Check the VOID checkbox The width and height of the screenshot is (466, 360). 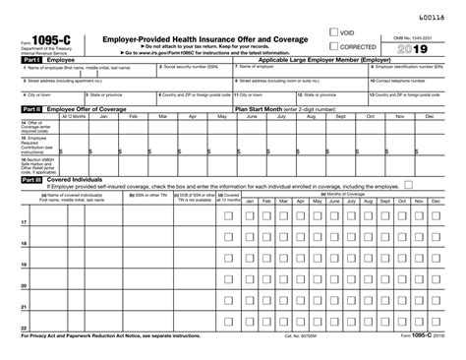(x=334, y=33)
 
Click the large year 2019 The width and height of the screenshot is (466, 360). (x=423, y=47)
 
